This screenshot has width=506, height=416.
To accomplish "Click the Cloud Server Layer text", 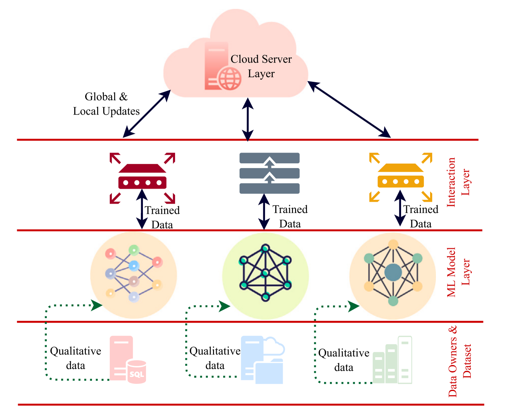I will [261, 66].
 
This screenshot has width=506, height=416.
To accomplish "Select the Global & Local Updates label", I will [106, 104].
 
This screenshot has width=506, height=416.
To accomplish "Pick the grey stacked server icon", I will [269, 173].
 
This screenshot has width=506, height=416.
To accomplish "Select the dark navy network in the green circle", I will [265, 272].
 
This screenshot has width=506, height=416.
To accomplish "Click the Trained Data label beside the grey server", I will [290, 216].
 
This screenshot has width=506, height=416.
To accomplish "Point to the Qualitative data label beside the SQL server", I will [76, 358].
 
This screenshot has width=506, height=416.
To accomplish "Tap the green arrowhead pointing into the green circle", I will [225, 307].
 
